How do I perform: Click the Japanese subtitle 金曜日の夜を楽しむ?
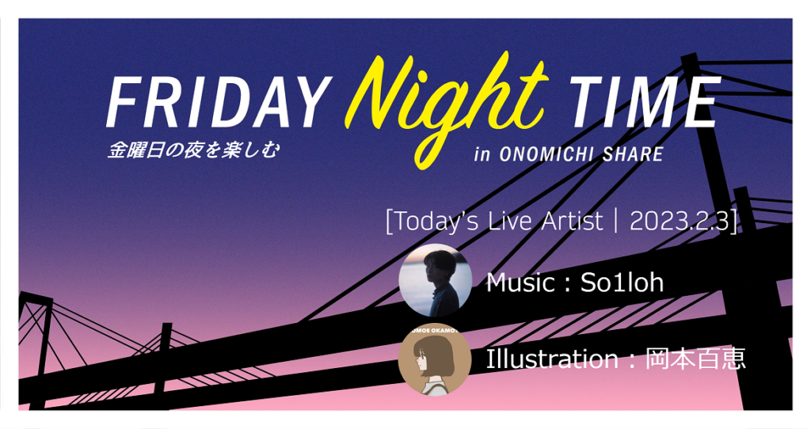click(193, 150)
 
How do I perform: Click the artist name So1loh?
click(622, 283)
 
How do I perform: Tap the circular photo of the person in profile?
click(435, 281)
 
